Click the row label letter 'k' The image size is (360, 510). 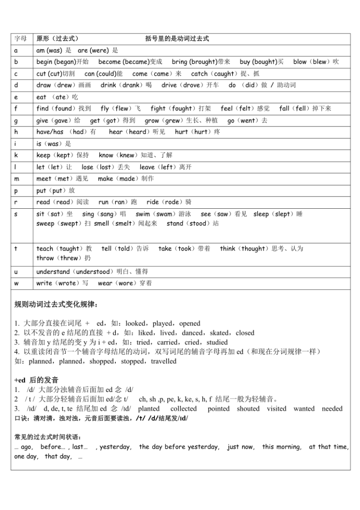17,155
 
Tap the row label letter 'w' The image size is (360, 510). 17,283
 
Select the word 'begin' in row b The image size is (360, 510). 44,62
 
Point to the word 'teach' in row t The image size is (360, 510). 45,248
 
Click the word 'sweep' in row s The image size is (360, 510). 45,223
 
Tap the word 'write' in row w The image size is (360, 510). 44,283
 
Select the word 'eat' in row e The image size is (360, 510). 42,97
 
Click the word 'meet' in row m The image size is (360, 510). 44,178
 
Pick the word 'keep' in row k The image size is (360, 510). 44,155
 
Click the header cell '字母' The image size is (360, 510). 20,39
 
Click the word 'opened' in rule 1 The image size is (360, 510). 189,323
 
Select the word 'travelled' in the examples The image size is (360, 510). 163,361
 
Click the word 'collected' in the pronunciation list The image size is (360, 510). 183,408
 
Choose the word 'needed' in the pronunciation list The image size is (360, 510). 332,408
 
